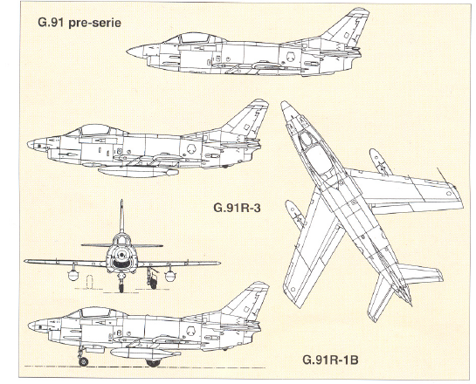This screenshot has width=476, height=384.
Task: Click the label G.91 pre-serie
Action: (79, 23)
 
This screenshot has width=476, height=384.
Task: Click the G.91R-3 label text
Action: (237, 208)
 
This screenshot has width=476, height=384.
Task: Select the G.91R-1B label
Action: (330, 360)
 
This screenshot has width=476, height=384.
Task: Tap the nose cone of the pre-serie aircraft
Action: (135, 51)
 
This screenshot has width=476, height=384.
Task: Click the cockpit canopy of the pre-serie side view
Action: (194, 38)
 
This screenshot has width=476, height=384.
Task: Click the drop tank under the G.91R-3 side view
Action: (138, 172)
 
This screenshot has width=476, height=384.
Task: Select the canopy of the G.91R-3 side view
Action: (96, 130)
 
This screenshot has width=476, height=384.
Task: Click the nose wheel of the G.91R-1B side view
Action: (83, 361)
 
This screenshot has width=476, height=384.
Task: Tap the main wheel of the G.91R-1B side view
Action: (154, 362)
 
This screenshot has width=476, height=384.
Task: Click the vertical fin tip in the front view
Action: (121, 202)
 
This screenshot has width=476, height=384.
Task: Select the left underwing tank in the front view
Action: (72, 276)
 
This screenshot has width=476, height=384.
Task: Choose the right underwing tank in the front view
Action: (170, 276)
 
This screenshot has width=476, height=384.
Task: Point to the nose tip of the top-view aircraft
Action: (284, 103)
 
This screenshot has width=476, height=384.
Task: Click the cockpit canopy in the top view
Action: (313, 152)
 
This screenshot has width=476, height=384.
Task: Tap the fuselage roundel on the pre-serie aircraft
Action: (291, 57)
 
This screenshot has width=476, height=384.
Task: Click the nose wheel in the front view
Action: (121, 286)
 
